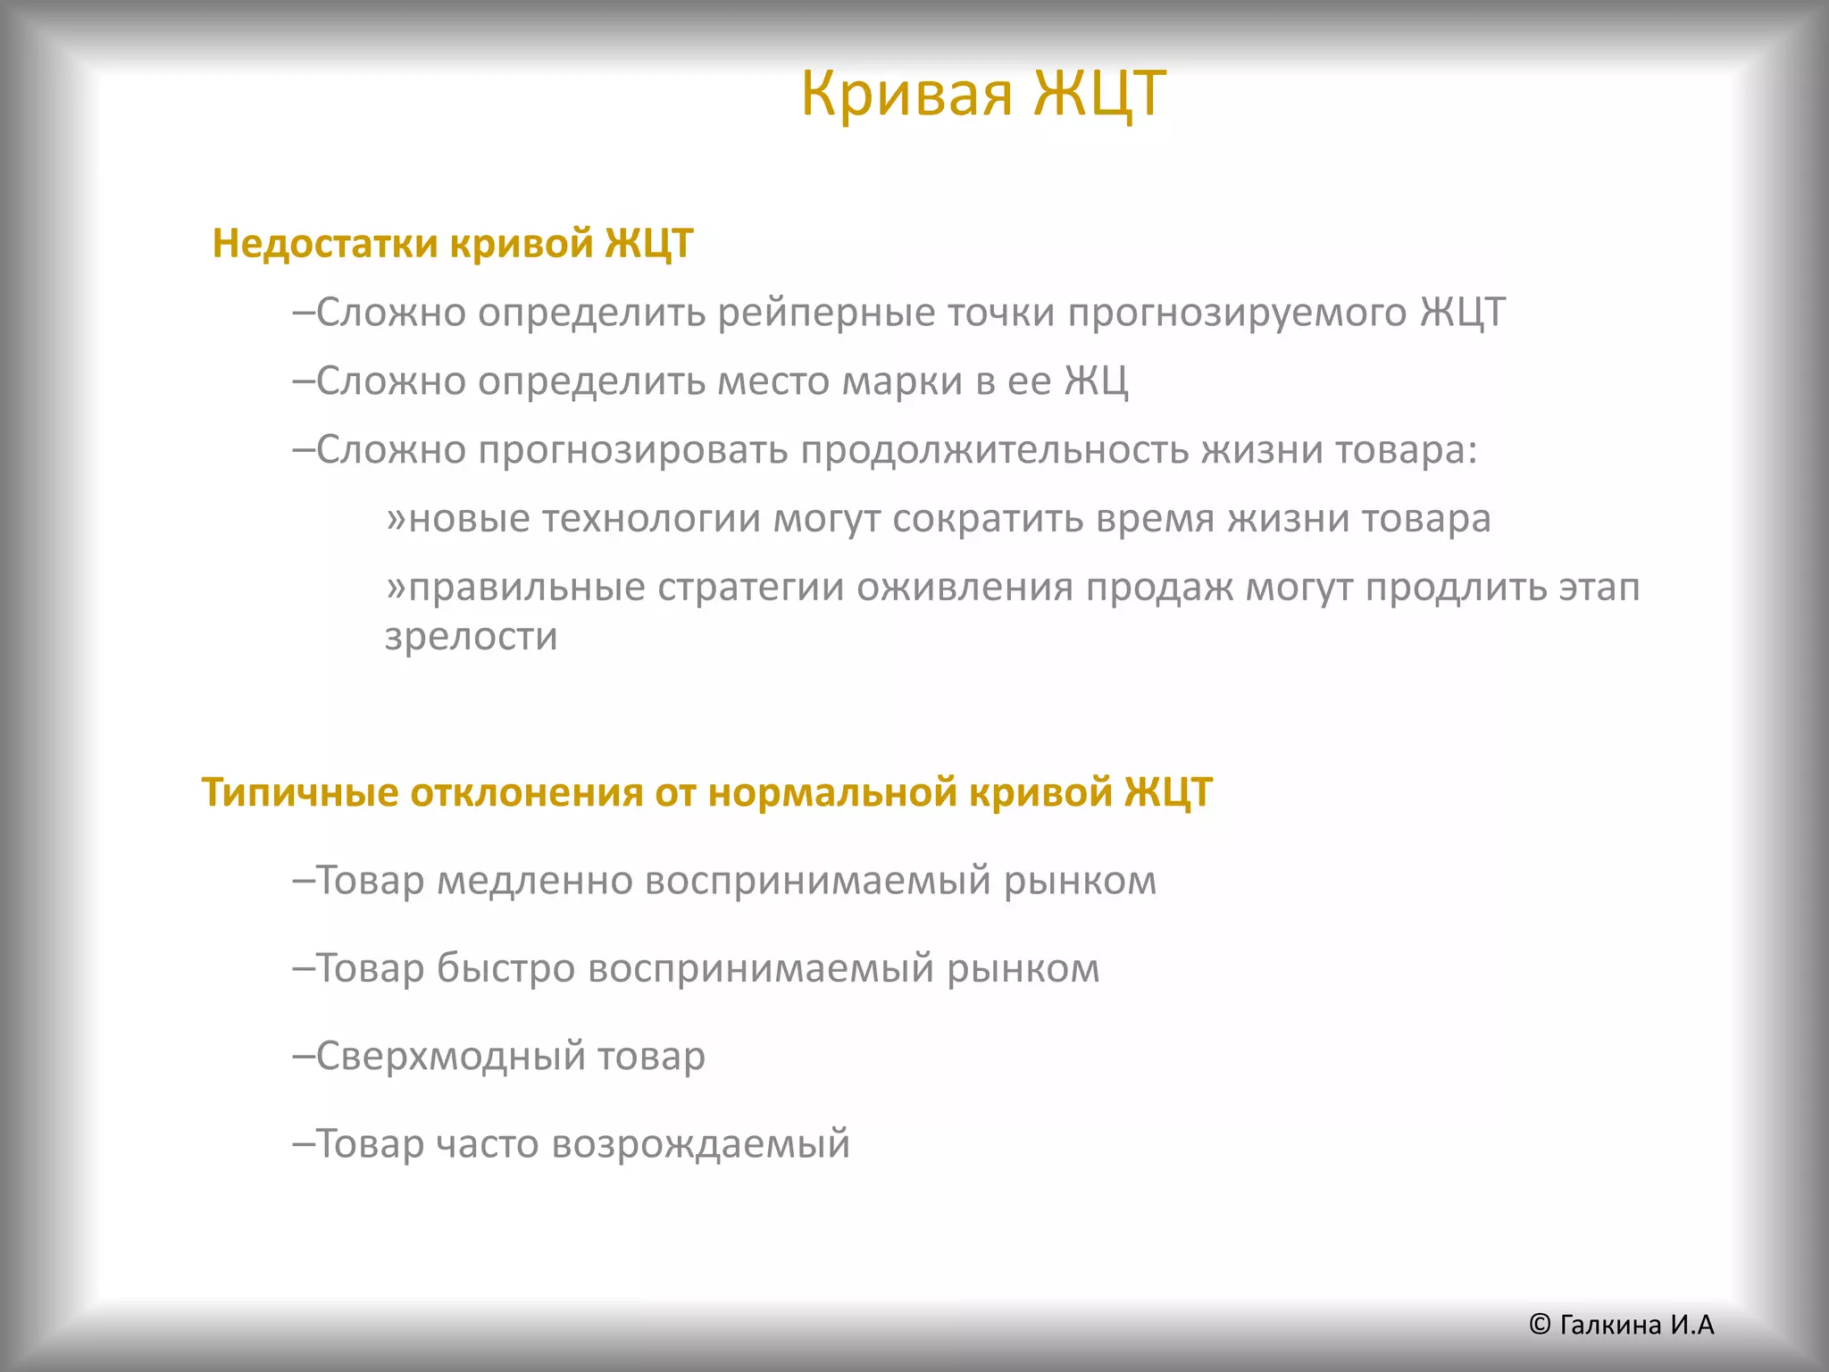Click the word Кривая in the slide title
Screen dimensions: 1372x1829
coord(906,93)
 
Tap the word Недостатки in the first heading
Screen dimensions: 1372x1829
coord(325,244)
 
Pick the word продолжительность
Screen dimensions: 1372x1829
coord(994,449)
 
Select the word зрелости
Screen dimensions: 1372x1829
coord(471,637)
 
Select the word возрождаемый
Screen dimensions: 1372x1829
coord(700,1144)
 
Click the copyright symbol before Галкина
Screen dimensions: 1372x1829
coord(1539,1325)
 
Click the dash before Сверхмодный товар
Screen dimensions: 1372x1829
coord(304,1056)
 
